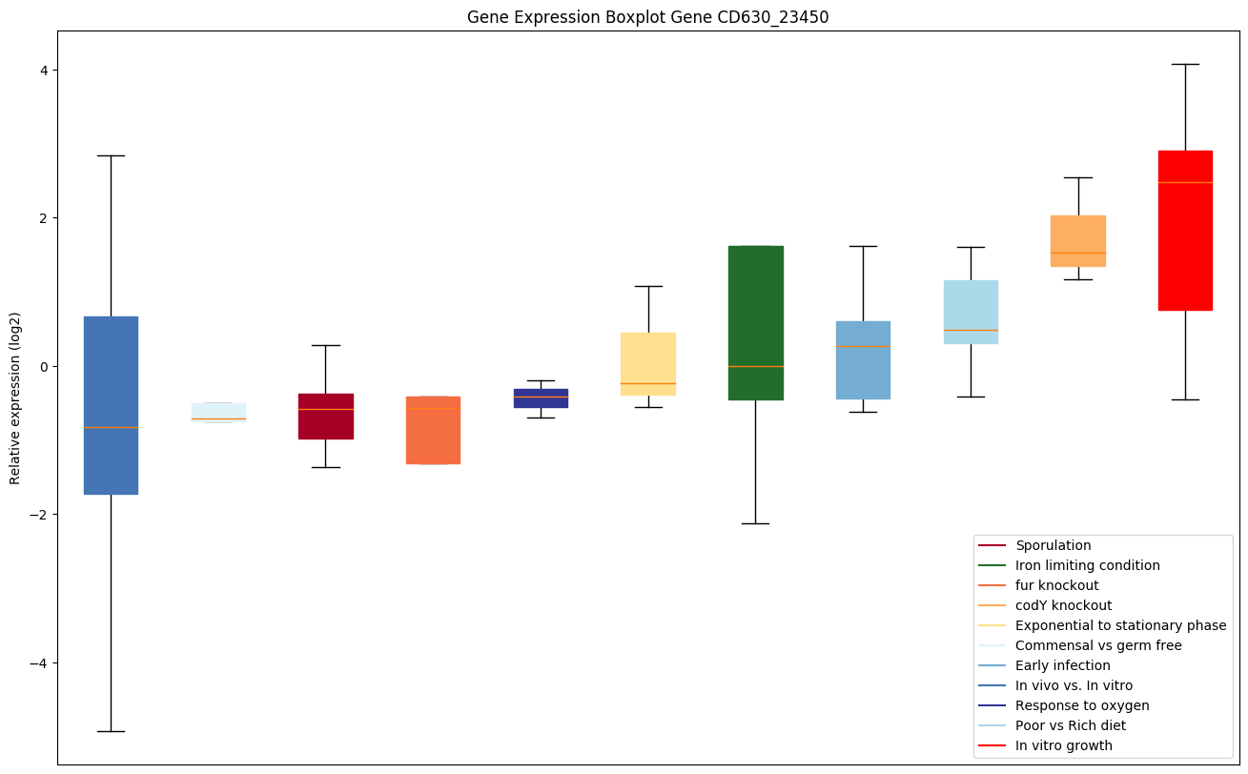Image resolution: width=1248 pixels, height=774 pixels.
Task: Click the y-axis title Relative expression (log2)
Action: click(15, 397)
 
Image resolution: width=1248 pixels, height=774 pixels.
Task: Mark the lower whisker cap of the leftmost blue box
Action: click(111, 731)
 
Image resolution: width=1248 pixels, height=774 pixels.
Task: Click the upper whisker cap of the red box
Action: click(1185, 64)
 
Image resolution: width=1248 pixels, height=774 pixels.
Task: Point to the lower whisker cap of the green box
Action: click(755, 523)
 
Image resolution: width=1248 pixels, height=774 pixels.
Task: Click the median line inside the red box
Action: click(1185, 182)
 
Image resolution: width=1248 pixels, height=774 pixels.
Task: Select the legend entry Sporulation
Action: click(1053, 546)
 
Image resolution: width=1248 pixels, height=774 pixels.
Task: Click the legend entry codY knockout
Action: click(1063, 605)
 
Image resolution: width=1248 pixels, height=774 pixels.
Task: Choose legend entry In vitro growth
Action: click(1063, 745)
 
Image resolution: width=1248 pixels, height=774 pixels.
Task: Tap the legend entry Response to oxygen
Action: click(1082, 705)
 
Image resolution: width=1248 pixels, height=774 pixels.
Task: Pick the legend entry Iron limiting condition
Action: click(1087, 565)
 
